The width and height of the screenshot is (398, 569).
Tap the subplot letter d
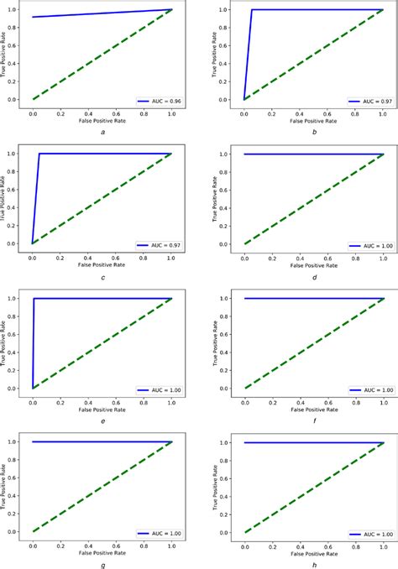[313, 279]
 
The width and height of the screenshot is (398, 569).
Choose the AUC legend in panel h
[369, 535]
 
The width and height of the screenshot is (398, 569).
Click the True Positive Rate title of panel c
[8, 198]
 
